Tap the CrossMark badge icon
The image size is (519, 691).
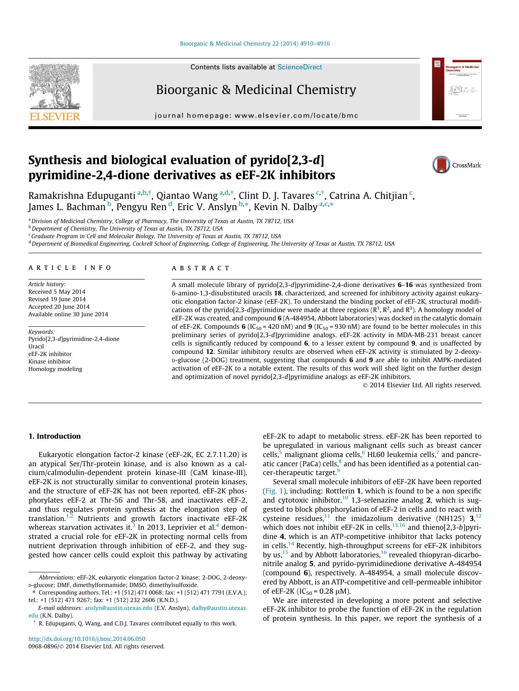441,165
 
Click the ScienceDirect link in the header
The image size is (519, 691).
299,67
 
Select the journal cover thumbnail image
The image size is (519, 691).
457,89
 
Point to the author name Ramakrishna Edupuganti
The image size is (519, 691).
82,196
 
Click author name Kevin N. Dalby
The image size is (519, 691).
286,207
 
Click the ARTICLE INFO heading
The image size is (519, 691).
70,268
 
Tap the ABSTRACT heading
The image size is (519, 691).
201,268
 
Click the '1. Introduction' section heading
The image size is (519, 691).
54,436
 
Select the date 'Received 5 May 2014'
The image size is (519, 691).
57,292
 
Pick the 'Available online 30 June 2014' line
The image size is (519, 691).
68,314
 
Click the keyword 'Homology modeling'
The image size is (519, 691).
55,369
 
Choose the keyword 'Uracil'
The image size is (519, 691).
36,346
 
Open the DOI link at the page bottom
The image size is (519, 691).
87,639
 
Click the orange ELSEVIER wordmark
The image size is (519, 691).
54,117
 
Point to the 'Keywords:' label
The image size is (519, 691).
41,332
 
